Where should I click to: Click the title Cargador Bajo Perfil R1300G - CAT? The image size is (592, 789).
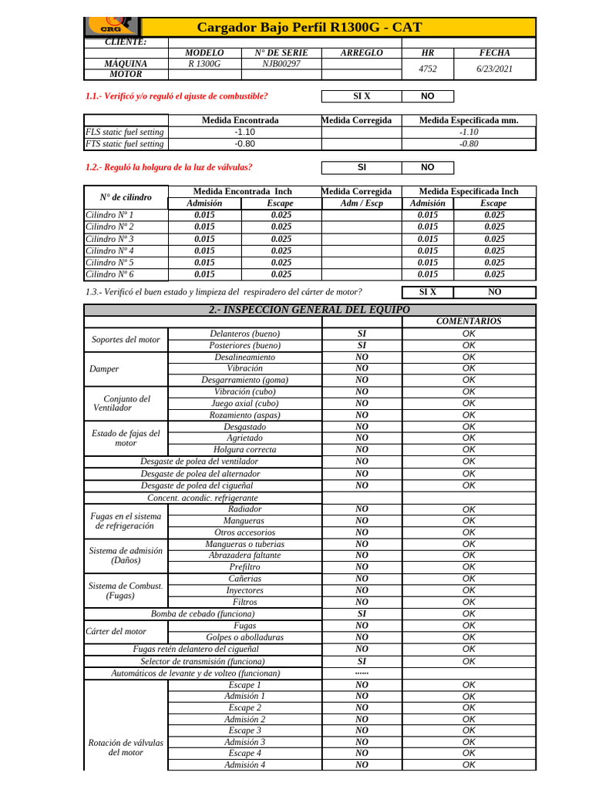click(310, 28)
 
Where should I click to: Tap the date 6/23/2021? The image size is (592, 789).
click(494, 69)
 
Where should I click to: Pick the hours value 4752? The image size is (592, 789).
click(427, 69)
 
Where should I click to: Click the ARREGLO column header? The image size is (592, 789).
click(361, 52)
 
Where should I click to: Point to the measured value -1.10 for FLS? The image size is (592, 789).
click(244, 132)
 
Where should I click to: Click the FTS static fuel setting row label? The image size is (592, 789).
click(125, 143)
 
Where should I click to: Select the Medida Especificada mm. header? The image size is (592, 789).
click(468, 120)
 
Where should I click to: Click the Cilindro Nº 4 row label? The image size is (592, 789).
click(109, 250)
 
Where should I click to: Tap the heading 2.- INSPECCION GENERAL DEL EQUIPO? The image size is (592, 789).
click(309, 309)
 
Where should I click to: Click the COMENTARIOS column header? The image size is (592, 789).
click(468, 321)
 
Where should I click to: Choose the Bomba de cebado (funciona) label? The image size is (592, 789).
click(203, 614)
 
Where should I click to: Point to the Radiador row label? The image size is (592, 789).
click(244, 509)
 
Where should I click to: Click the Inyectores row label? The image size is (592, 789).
click(244, 590)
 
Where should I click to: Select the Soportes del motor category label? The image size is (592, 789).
click(126, 340)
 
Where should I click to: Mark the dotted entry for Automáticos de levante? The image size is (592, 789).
click(361, 673)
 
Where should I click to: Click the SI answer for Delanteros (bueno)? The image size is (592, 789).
click(361, 334)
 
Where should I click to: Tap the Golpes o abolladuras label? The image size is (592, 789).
click(244, 637)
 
